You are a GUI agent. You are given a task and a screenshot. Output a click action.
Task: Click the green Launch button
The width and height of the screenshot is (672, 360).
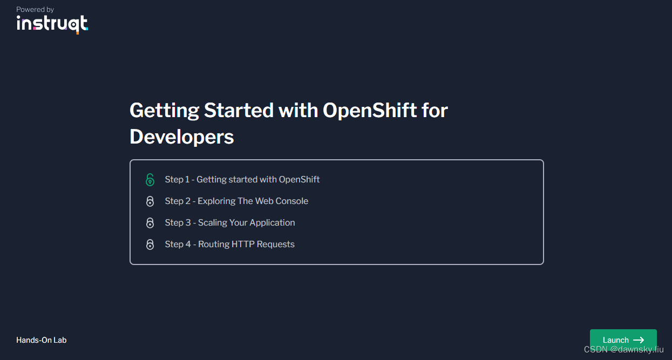623,339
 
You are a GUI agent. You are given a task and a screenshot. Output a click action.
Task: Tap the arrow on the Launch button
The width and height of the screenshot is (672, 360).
639,340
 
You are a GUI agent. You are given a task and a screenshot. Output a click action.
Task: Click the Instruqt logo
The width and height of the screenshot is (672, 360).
52,24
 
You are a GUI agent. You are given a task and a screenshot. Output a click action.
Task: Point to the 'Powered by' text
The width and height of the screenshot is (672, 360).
35,10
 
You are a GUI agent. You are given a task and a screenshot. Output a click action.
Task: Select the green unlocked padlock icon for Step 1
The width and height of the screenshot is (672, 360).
150,180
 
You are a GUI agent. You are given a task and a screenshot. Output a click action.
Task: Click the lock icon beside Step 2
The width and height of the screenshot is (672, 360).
150,201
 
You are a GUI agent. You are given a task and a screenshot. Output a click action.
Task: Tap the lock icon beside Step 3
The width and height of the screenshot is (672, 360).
150,223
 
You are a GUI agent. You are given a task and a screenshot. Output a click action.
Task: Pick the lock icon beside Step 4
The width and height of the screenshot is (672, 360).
150,244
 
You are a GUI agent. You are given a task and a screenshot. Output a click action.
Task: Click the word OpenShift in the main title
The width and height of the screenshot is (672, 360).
370,110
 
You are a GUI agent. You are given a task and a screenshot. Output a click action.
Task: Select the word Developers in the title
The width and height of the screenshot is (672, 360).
182,137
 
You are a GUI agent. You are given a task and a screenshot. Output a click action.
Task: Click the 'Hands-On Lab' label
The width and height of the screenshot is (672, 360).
42,340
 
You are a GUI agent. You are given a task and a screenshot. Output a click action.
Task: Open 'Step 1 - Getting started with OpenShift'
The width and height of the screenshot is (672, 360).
242,179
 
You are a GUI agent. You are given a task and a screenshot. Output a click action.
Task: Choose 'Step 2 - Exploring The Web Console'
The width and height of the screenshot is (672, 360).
236,201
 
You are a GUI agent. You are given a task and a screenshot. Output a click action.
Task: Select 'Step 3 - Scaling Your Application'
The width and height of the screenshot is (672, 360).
230,222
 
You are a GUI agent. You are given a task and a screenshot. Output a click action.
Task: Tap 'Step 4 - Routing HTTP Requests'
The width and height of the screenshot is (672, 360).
230,244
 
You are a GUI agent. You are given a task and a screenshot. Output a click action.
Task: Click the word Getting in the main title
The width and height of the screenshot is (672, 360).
164,110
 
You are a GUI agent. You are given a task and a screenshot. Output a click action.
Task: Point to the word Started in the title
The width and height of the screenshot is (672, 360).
239,110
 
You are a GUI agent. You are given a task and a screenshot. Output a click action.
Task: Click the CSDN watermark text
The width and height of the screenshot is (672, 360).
623,350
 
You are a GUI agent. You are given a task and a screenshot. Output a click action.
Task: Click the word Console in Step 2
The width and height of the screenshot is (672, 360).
292,201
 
